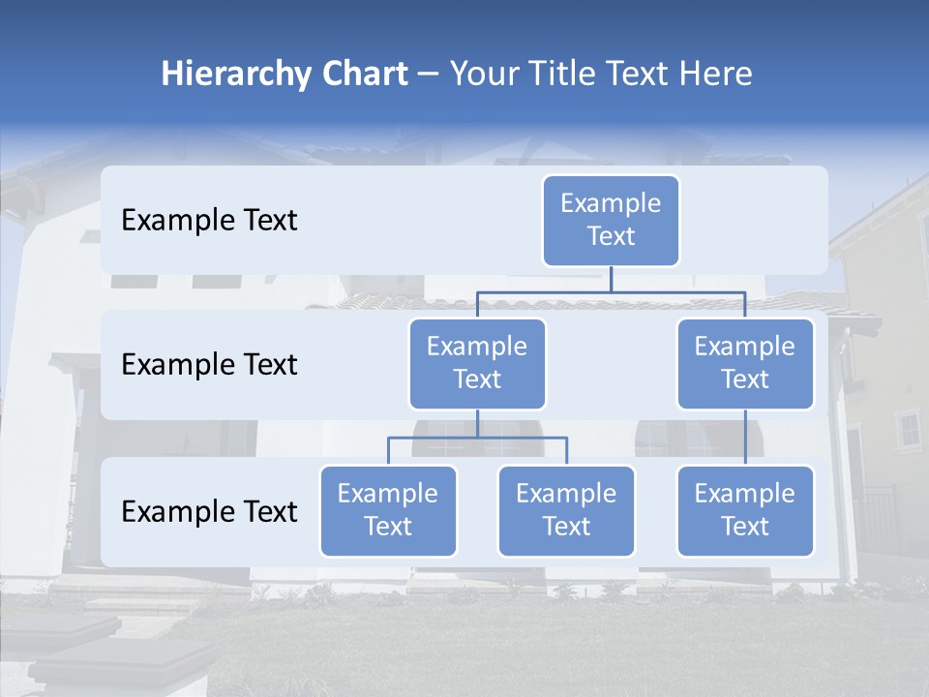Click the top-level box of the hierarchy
click(x=611, y=221)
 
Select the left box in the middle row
click(x=477, y=364)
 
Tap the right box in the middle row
click(x=745, y=364)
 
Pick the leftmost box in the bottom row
click(x=388, y=511)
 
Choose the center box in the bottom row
click(x=566, y=511)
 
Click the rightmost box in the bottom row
click(x=745, y=511)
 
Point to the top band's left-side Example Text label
click(x=209, y=221)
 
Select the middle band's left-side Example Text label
click(x=209, y=365)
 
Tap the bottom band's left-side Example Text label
click(x=209, y=512)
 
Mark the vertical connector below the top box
click(x=611, y=279)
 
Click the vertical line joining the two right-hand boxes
click(x=745, y=438)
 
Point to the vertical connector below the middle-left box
click(x=477, y=423)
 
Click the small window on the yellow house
click(x=908, y=429)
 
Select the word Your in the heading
click(x=484, y=74)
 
